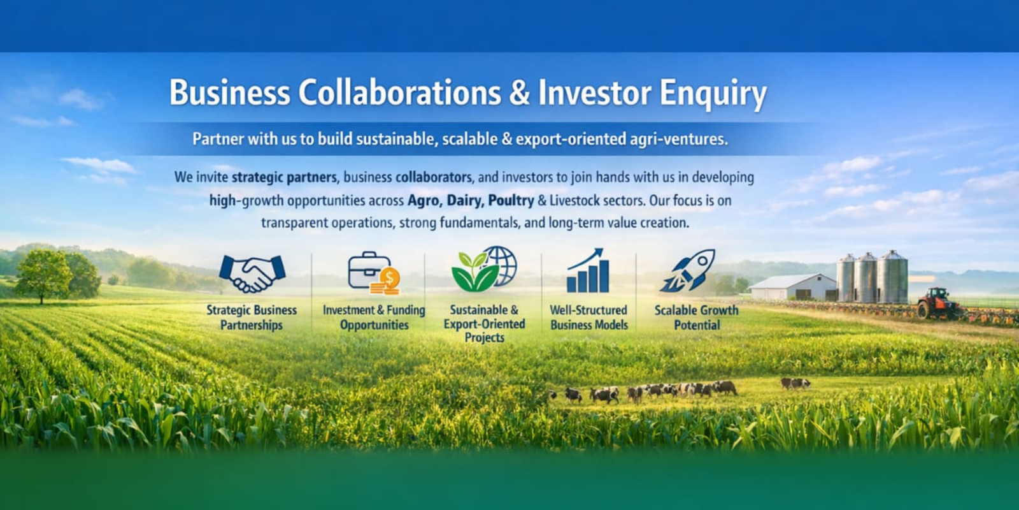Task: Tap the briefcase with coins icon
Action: (374, 273)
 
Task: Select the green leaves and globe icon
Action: (484, 269)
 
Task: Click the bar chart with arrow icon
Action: (587, 270)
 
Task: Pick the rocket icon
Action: (687, 270)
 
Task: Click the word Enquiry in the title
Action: (713, 93)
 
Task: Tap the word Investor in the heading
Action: (595, 92)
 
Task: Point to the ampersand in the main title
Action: (519, 93)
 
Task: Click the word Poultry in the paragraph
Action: (511, 201)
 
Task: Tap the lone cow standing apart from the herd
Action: (795, 383)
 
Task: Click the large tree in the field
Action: (45, 275)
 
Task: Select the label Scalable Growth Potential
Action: (697, 317)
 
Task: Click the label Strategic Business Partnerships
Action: (252, 317)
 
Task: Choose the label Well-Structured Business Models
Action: (588, 317)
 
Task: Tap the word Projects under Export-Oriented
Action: (485, 338)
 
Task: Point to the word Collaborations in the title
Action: (400, 92)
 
